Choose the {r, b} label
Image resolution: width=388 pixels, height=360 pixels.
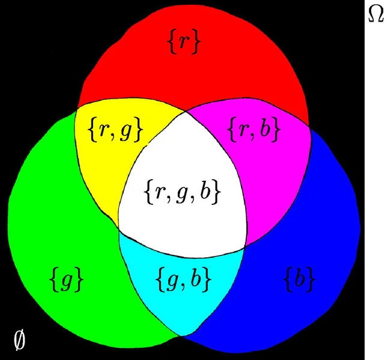(255, 129)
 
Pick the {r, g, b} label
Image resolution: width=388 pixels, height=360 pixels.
(183, 192)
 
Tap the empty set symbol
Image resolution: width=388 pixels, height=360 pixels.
(19, 340)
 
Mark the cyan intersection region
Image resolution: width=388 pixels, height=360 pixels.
(180, 307)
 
